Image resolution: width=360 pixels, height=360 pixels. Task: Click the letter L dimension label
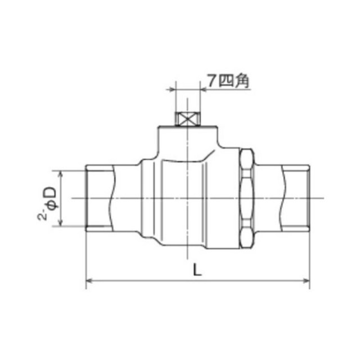pos(197,269)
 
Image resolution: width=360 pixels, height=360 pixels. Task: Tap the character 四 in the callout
pos(226,81)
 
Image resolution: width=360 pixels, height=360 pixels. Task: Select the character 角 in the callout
pos(242,81)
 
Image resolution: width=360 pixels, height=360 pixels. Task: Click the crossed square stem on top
pos(187,119)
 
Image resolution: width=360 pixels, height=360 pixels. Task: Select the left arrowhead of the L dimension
pos(89,281)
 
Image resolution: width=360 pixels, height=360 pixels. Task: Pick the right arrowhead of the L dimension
pos(307,281)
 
